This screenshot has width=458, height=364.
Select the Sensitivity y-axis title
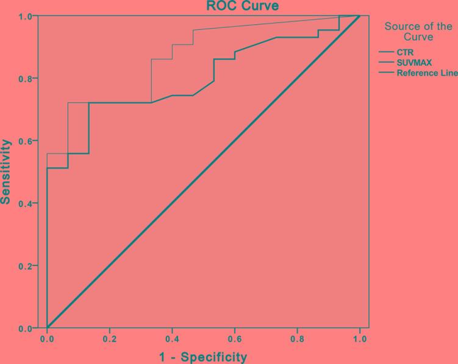click(x=6, y=172)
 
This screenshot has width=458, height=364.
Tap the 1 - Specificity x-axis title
click(x=203, y=357)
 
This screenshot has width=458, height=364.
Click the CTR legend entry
click(x=405, y=52)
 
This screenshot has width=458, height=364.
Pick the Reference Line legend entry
click(x=427, y=73)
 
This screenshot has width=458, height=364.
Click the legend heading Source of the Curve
click(x=418, y=32)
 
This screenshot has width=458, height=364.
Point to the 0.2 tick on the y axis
click(x=25, y=266)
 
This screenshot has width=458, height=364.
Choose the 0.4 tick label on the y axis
click(x=25, y=203)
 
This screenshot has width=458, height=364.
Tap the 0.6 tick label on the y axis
click(x=25, y=141)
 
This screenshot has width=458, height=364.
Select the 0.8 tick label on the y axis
click(x=25, y=79)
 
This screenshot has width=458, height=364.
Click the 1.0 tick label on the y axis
click(x=25, y=16)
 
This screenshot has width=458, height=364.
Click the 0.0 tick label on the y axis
click(x=25, y=329)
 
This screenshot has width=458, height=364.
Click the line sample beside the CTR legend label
click(x=386, y=52)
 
